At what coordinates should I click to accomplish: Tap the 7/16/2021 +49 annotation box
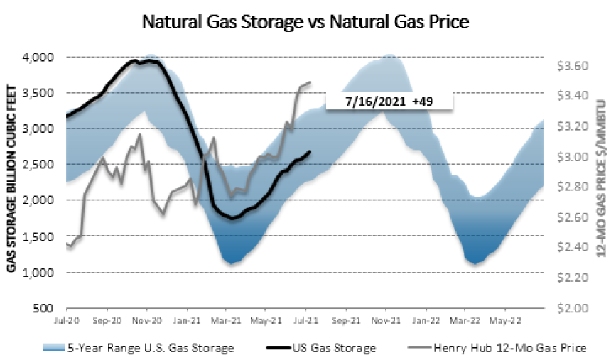coord(389,102)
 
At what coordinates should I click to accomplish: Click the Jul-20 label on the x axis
coord(66,319)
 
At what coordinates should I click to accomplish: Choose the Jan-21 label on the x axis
coord(187,319)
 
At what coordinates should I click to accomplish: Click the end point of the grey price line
coord(310,82)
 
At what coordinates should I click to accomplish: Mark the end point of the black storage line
coord(310,151)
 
